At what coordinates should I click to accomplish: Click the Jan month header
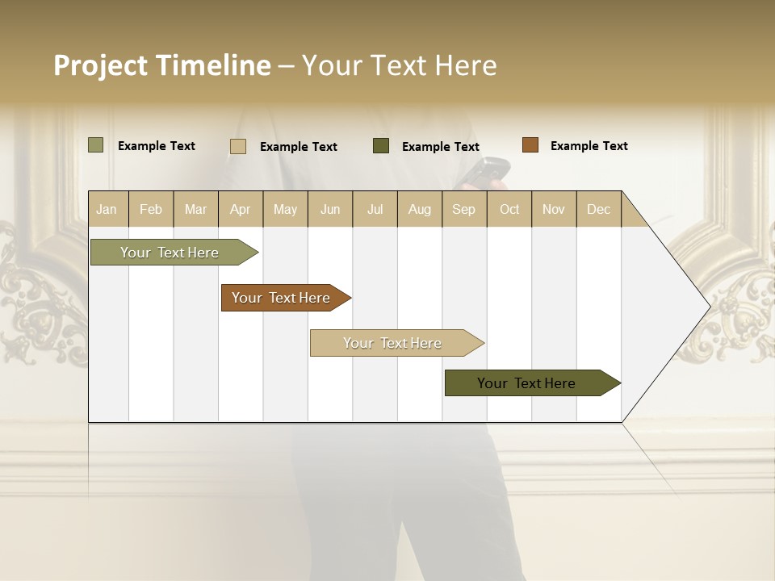coord(107,209)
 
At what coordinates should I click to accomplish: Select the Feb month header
coord(151,209)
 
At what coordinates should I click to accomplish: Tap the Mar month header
coord(195,209)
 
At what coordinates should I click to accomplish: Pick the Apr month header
coord(241,209)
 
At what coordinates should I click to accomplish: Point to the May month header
coord(285,209)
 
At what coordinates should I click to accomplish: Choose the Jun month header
coord(330,209)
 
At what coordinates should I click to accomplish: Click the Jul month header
coord(375,209)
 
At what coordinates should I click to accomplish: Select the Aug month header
coord(420,209)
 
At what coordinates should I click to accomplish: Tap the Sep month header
coord(463,209)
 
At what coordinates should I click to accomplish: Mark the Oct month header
coord(509,209)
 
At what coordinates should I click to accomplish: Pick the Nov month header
coord(554,209)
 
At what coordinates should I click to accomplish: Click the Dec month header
coord(599,209)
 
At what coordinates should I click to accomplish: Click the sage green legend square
coord(96,145)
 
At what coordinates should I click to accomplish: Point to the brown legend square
coord(530,145)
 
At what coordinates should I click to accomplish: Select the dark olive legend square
coord(381,146)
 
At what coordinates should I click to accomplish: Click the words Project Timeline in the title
coord(161,65)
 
